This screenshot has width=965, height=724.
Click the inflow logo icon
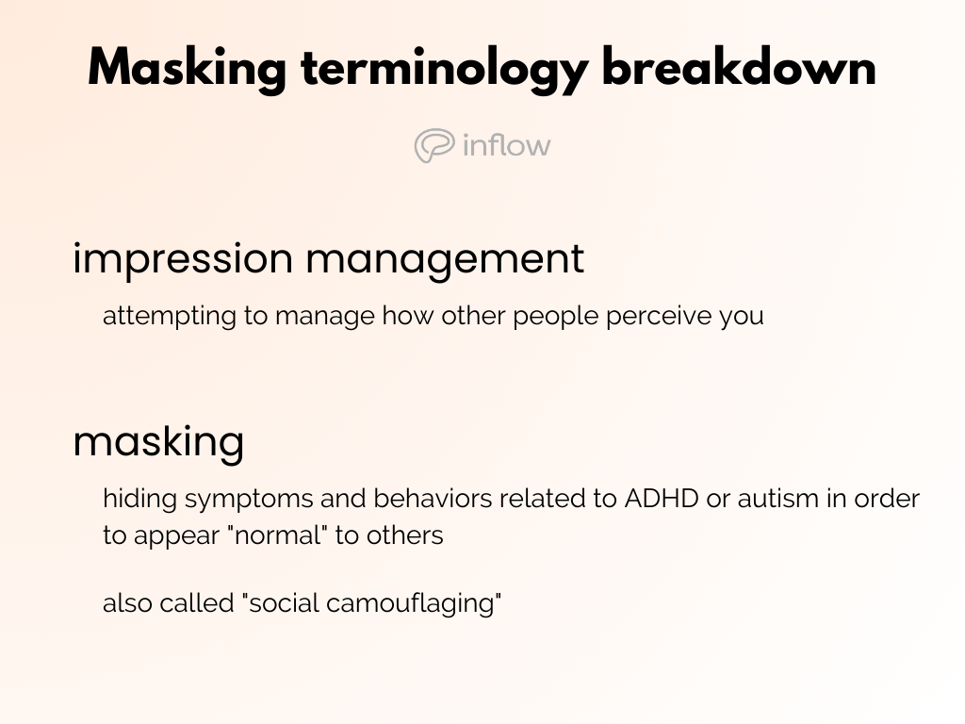434,146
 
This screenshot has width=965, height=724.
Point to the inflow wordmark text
507,145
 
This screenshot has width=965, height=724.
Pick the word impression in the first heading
183,259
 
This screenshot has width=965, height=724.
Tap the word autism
778,498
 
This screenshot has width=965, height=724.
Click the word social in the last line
280,603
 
